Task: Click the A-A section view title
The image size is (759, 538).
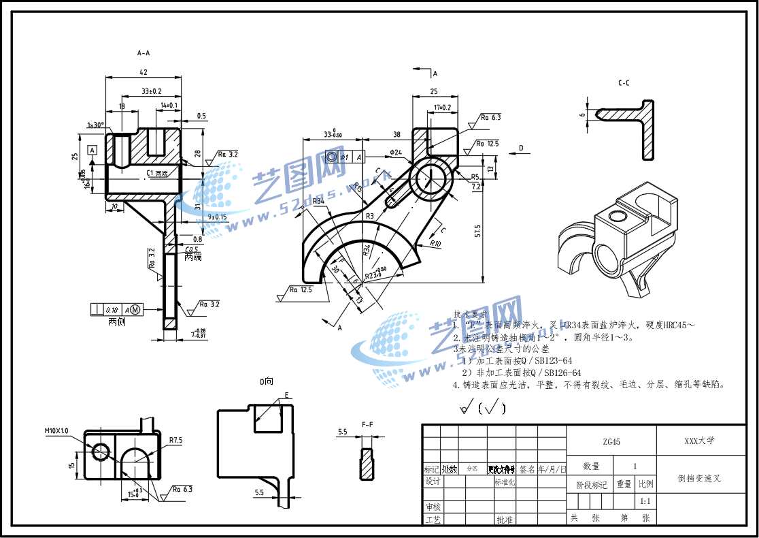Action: tap(144, 52)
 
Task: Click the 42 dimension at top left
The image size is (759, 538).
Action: tap(144, 72)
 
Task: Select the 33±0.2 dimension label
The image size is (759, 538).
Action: tap(151, 91)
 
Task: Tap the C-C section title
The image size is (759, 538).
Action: tap(624, 83)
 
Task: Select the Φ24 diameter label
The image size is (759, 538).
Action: tap(396, 152)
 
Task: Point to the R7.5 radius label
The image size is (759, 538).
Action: tap(176, 440)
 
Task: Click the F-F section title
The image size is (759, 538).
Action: tap(367, 425)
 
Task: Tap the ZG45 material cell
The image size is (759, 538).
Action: tap(611, 441)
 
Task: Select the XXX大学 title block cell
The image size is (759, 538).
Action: tap(699, 441)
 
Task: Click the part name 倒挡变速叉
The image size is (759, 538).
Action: tap(699, 479)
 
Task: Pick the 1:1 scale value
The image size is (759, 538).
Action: tap(645, 501)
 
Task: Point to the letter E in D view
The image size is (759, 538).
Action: tap(286, 395)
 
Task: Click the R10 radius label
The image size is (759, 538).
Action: tap(435, 243)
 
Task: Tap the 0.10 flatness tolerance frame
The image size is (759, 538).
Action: tap(112, 309)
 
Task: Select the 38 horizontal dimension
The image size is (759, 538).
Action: tap(397, 135)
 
